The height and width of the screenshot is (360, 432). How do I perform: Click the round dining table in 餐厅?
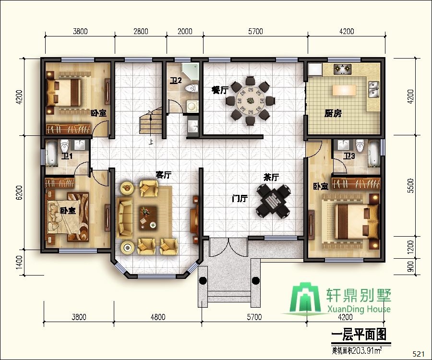250,101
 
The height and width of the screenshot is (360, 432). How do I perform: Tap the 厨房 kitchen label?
333,113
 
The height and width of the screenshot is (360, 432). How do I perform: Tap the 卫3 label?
349,156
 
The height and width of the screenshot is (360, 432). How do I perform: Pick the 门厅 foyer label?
239,198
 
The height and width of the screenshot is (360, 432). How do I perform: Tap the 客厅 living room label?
164,175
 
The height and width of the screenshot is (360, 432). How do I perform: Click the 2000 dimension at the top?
184,32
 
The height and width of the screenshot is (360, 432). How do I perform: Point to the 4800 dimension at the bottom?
157,317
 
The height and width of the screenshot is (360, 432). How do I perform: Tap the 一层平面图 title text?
359,333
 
